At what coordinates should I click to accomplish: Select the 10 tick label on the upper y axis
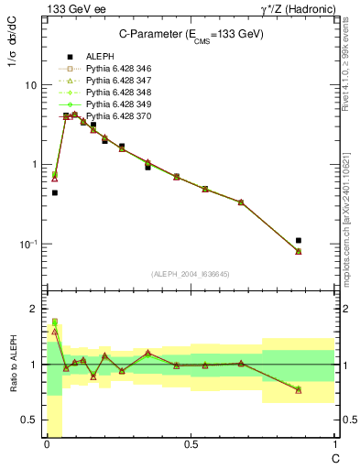click(30, 85)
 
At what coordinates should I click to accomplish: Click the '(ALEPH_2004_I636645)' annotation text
click(188, 274)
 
